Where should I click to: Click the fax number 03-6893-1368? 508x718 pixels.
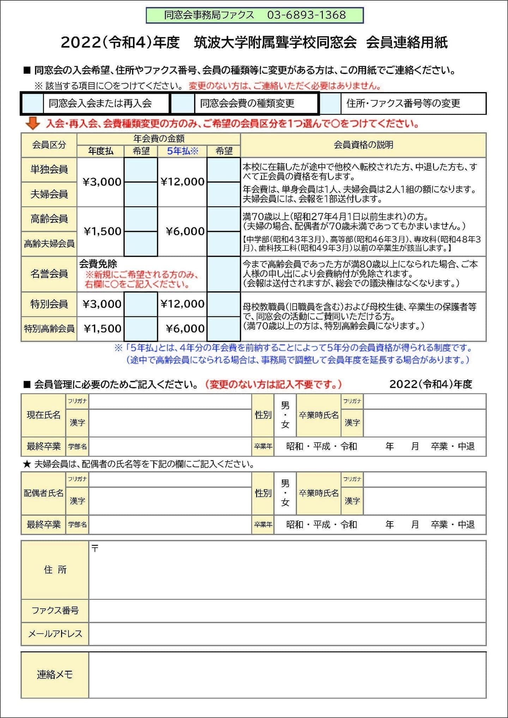click(x=306, y=15)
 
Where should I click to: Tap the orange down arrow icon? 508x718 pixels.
click(x=33, y=123)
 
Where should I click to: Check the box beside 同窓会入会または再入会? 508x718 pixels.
click(x=33, y=103)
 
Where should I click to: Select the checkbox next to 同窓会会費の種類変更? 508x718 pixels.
click(x=183, y=103)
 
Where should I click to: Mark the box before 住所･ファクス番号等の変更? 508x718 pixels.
click(x=330, y=103)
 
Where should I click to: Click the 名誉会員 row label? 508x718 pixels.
click(x=49, y=274)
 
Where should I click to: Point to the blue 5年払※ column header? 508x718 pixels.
click(x=182, y=151)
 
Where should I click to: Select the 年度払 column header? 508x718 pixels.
click(x=101, y=151)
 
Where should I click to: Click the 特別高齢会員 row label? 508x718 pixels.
click(x=49, y=329)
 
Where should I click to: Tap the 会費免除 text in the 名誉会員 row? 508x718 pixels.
click(x=98, y=264)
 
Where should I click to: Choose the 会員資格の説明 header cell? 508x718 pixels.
click(x=363, y=145)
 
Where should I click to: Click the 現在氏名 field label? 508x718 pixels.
click(x=43, y=415)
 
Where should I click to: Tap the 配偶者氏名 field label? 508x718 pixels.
click(x=43, y=493)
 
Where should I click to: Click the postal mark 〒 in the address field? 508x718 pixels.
click(x=95, y=548)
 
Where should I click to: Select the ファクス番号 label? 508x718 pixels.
click(x=55, y=610)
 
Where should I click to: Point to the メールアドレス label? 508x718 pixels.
click(x=55, y=634)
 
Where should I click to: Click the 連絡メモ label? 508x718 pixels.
click(x=55, y=675)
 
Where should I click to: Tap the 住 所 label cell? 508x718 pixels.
click(x=55, y=570)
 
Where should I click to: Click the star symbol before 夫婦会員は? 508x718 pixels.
click(x=27, y=464)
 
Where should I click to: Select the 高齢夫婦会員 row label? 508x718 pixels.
click(x=49, y=243)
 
